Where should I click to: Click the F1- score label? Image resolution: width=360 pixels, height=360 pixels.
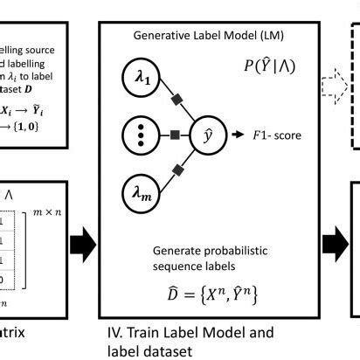point(277,136)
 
